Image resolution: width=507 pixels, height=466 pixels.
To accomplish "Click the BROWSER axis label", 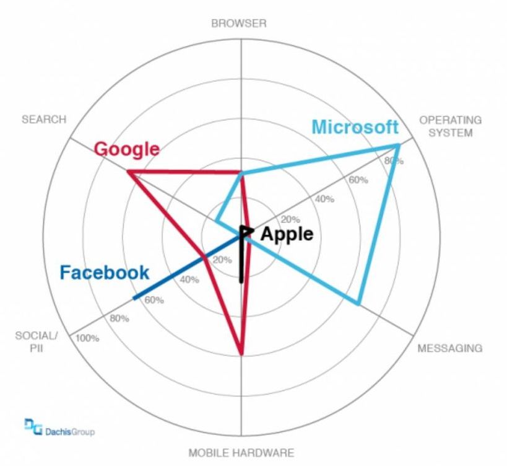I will pyautogui.click(x=238, y=24).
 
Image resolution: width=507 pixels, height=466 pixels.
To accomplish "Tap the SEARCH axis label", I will pyautogui.click(x=44, y=120).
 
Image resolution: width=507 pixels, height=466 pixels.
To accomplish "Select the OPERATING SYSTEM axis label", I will pyautogui.click(x=450, y=126).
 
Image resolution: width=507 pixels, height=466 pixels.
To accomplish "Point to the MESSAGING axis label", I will pyautogui.click(x=449, y=348).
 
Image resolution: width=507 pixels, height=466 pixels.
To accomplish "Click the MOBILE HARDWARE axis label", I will pyautogui.click(x=241, y=452).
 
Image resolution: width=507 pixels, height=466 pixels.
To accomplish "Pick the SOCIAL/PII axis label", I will pyautogui.click(x=36, y=341).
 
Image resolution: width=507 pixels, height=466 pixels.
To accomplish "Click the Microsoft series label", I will pyautogui.click(x=355, y=126).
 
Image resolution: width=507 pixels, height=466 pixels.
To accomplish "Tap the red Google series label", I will pyautogui.click(x=126, y=149).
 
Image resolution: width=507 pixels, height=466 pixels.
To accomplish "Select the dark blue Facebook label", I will pyautogui.click(x=104, y=272).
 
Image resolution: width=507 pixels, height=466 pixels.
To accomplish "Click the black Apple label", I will pyautogui.click(x=287, y=234).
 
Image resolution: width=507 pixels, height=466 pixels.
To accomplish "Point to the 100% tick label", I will pyautogui.click(x=87, y=338).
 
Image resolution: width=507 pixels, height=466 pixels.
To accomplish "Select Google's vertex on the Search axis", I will pyautogui.click(x=128, y=172).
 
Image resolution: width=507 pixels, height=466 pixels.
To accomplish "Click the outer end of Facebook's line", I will pyautogui.click(x=134, y=299).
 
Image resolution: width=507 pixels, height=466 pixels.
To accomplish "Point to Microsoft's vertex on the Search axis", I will pyautogui.click(x=217, y=220).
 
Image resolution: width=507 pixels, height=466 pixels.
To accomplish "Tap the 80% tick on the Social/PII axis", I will pyautogui.click(x=119, y=319).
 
